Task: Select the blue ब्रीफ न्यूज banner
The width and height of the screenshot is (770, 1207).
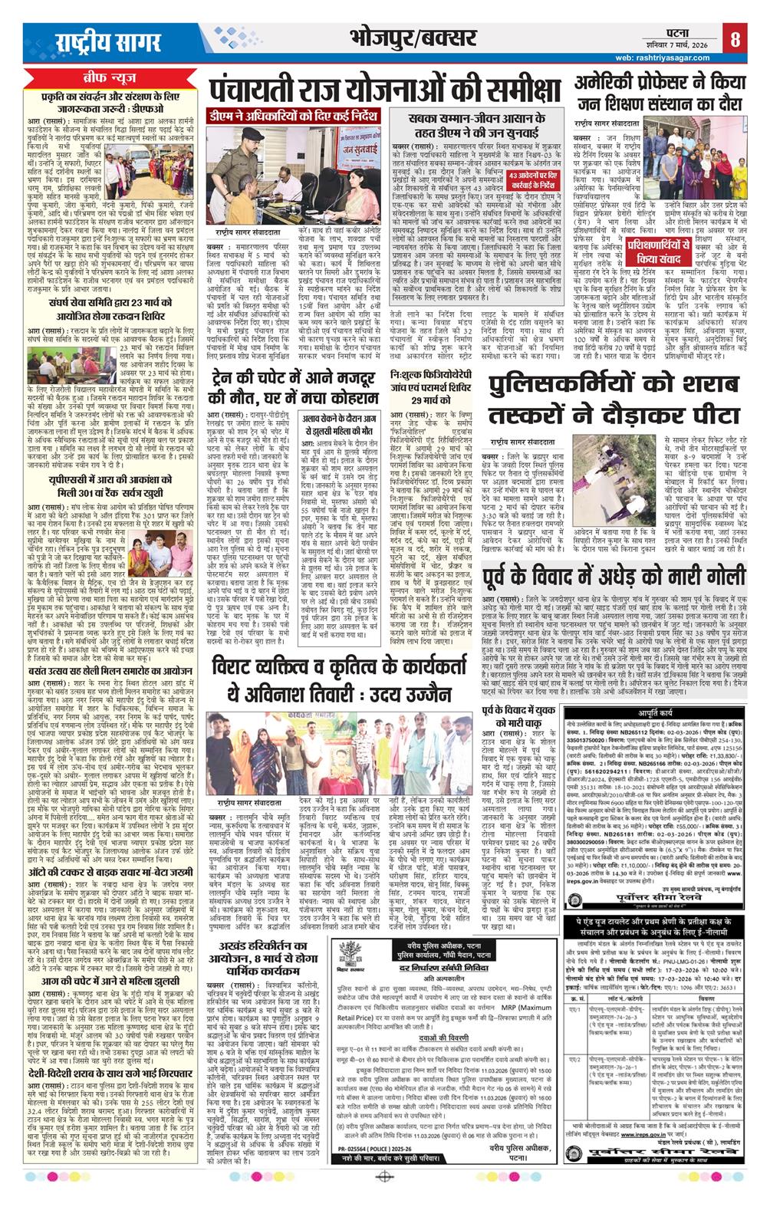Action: pyautogui.click(x=114, y=79)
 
